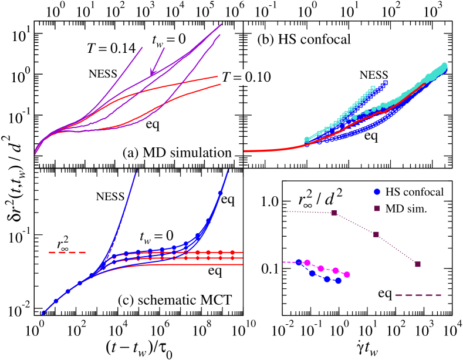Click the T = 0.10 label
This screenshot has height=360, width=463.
(x=249, y=77)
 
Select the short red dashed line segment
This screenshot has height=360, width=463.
(x=67, y=253)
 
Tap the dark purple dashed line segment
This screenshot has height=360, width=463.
(x=418, y=295)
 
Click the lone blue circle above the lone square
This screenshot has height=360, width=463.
(x=377, y=191)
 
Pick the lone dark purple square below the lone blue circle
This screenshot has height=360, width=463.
(x=377, y=208)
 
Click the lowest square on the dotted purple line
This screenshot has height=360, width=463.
(x=418, y=264)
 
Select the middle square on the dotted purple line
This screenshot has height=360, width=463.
(x=376, y=234)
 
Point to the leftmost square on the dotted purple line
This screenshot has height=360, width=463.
(x=334, y=213)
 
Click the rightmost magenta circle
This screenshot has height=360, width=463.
(x=347, y=274)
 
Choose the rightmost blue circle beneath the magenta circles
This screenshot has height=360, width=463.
(x=338, y=281)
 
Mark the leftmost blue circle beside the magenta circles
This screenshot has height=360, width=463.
(x=299, y=263)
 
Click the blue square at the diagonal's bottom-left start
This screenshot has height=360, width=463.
(x=44, y=313)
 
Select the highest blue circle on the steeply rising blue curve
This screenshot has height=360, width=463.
(x=220, y=193)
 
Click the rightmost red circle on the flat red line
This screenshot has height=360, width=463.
(x=232, y=253)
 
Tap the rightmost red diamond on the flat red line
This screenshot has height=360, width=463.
(x=232, y=258)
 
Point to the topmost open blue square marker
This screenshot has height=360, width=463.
(x=386, y=83)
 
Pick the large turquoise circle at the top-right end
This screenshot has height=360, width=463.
(x=444, y=65)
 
